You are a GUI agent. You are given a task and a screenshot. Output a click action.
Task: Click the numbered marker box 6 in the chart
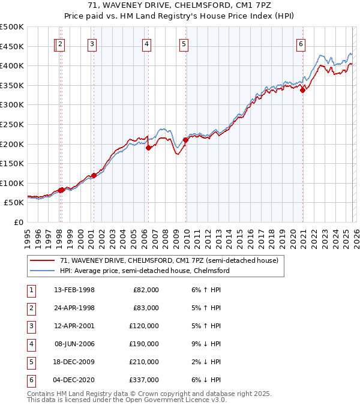tap(301, 43)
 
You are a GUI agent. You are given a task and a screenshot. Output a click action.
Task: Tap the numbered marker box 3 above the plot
tap(92, 43)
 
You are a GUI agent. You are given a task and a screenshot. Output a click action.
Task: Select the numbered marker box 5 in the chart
tap(183, 43)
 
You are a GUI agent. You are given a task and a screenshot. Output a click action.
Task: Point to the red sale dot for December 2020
tap(303, 90)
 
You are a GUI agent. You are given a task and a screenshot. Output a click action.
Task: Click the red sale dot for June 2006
tap(148, 148)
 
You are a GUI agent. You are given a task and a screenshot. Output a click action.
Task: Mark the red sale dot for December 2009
tap(185, 140)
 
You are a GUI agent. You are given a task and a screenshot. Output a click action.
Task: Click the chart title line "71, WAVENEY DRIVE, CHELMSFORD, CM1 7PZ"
tap(180, 6)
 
